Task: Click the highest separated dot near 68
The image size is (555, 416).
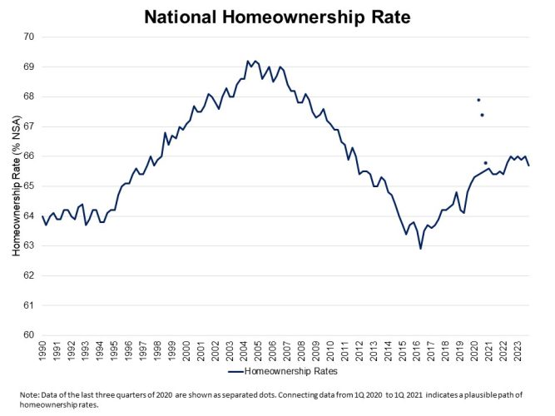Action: [478, 100]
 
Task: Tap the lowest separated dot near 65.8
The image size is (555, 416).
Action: [486, 163]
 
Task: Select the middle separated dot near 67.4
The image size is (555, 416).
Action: [482, 115]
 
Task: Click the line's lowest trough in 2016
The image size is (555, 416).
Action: [420, 249]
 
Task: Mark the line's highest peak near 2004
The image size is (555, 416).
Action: [248, 61]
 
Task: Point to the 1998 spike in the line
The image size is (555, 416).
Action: [165, 132]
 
